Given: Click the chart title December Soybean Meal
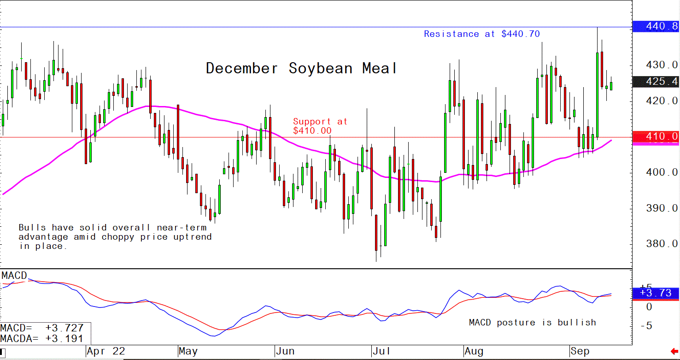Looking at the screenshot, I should (301, 69).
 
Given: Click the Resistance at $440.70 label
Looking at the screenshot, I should (481, 34).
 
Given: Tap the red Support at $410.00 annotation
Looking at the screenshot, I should (320, 126).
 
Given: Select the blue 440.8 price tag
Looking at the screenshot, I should (656, 27).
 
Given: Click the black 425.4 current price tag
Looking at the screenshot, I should (656, 82).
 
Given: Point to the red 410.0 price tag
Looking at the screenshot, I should (656, 136).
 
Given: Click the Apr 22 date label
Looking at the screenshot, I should (106, 351).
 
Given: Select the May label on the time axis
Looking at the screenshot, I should (188, 351).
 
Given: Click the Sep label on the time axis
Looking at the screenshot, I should (580, 351).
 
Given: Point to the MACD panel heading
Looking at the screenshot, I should (14, 276).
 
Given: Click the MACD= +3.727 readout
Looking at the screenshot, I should (42, 328).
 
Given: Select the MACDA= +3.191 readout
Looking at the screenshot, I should (42, 338).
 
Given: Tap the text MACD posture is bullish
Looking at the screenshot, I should (532, 323).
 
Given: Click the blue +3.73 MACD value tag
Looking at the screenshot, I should (656, 293).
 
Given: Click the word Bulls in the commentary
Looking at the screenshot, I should (33, 228).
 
